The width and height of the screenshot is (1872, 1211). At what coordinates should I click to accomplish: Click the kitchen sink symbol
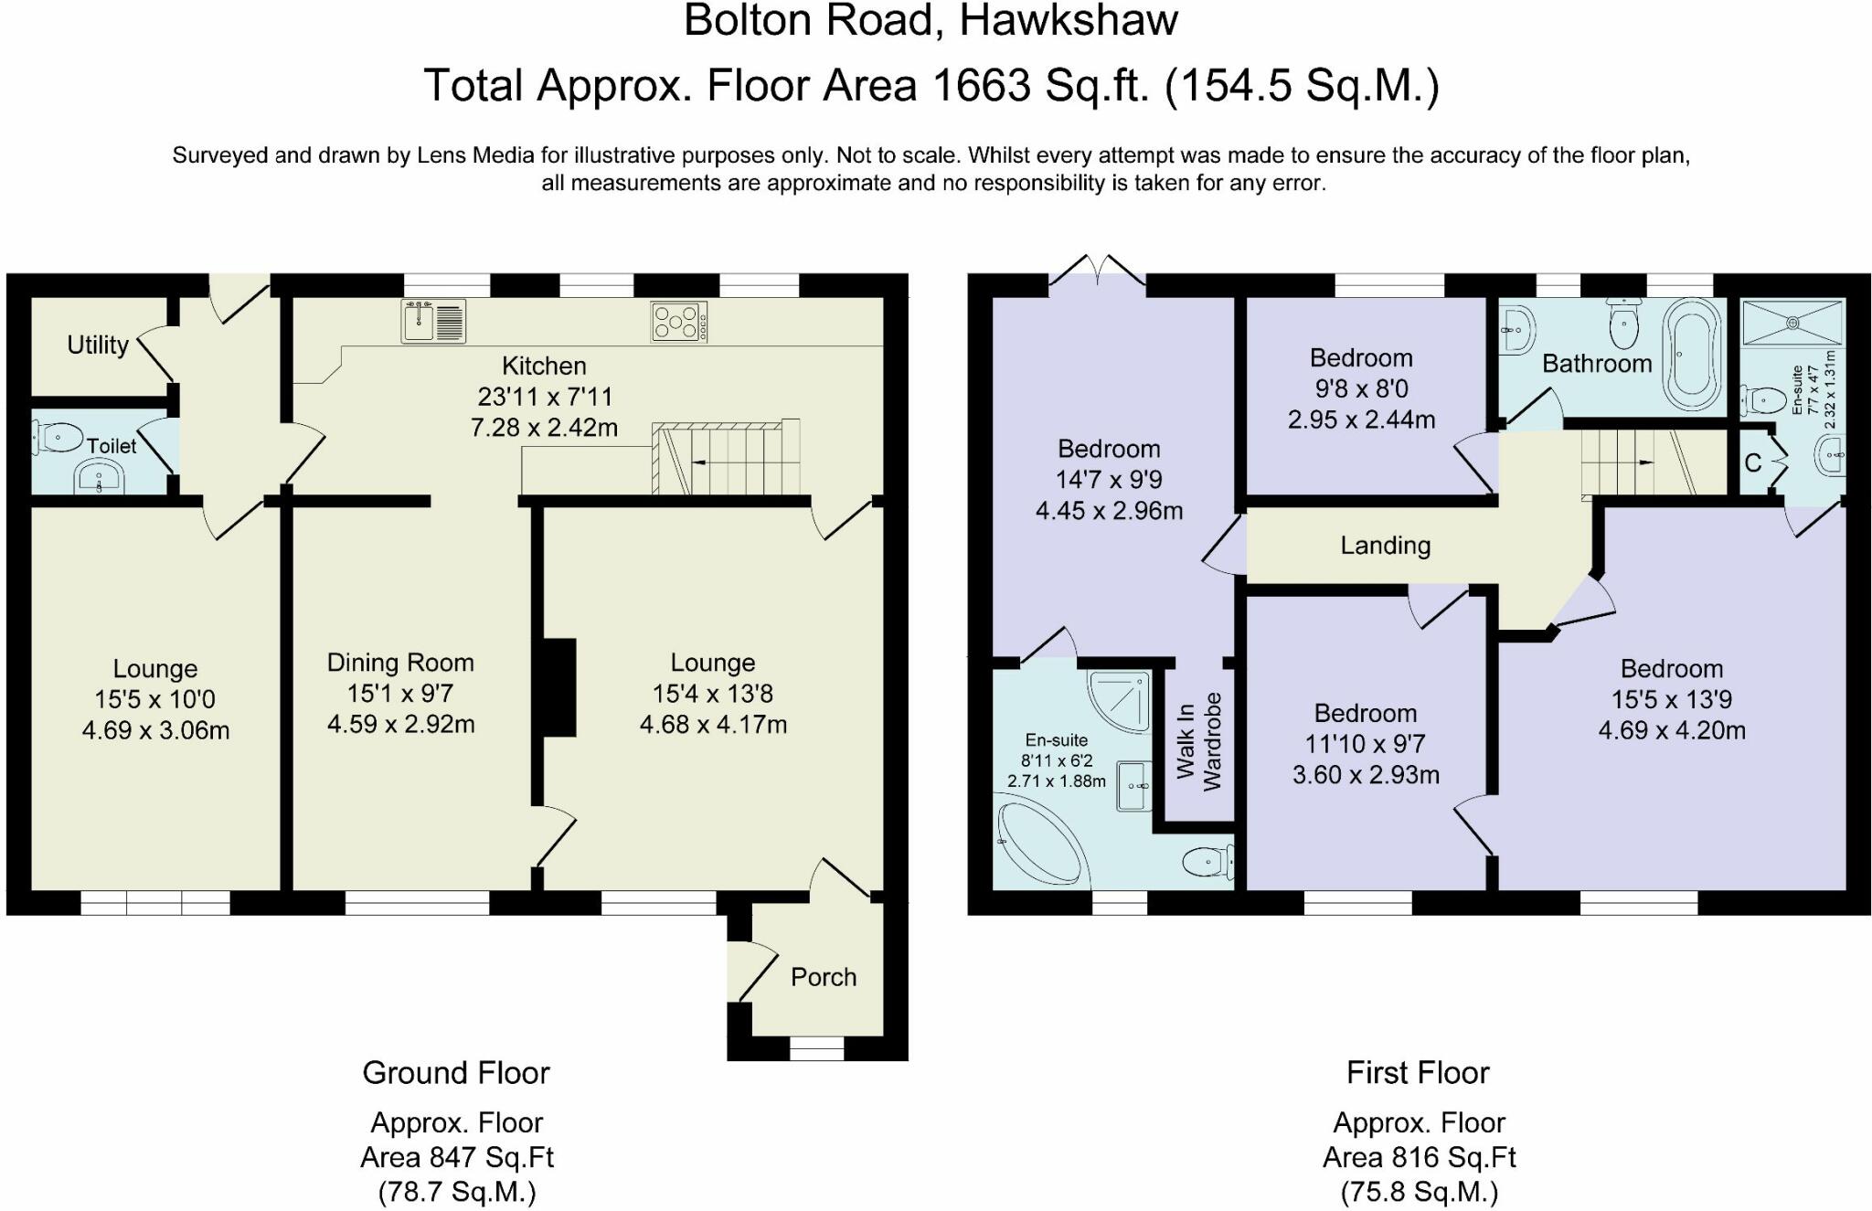[x=433, y=321]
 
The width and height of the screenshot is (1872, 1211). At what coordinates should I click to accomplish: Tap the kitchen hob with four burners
[x=679, y=323]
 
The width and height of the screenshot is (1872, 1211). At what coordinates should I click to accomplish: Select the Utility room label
[x=98, y=345]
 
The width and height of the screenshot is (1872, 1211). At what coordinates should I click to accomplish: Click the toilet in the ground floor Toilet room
[x=58, y=437]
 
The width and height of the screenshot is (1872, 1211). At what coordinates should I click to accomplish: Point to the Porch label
[x=824, y=977]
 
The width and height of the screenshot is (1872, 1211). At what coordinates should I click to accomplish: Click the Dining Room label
[x=400, y=663]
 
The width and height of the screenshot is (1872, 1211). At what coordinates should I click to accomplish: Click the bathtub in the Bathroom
[x=1696, y=356]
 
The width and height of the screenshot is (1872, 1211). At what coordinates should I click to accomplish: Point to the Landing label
[x=1386, y=546]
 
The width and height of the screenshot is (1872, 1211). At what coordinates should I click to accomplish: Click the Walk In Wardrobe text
[x=1198, y=742]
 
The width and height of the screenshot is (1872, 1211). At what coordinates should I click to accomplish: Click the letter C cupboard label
[x=1752, y=463]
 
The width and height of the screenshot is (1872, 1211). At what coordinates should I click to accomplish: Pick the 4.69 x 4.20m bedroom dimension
[x=1672, y=730]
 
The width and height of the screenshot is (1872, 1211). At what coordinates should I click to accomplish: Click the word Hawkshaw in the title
[x=1069, y=20]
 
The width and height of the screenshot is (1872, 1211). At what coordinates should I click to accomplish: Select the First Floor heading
[x=1418, y=1072]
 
